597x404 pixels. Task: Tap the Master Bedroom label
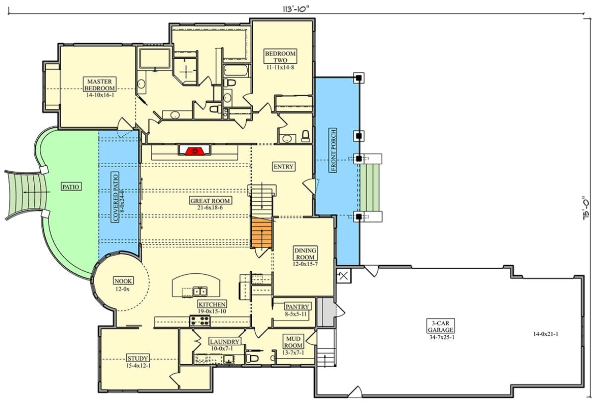click(99, 85)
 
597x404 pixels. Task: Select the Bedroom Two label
click(280, 57)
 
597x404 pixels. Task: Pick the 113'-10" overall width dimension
click(298, 7)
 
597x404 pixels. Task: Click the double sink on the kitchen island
click(200, 291)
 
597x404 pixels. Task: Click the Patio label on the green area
click(72, 187)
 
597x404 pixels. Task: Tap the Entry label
click(284, 167)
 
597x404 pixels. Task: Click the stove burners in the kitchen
click(200, 321)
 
